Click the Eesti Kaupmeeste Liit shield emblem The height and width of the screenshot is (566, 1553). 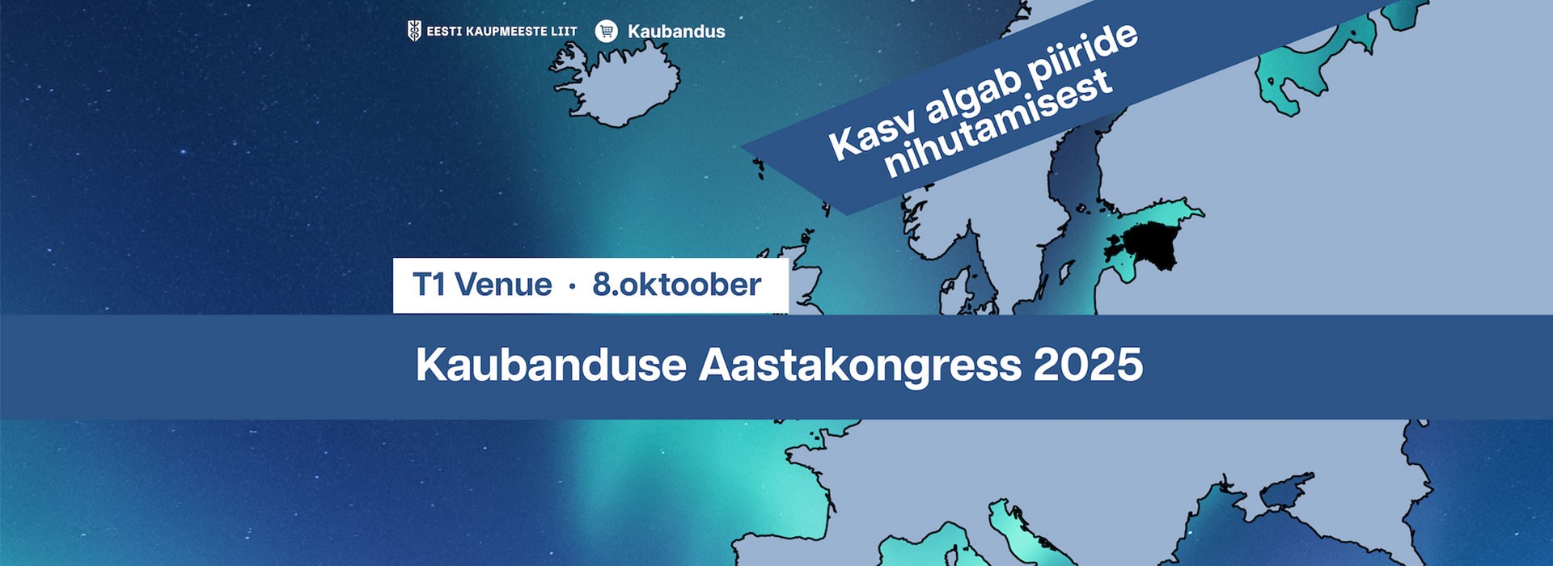click(x=414, y=32)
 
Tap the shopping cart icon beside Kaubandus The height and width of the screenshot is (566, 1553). click(x=606, y=32)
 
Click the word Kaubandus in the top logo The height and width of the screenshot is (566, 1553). click(x=676, y=32)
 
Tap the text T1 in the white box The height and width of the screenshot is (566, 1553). click(x=429, y=285)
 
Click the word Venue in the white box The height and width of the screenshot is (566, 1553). click(x=502, y=285)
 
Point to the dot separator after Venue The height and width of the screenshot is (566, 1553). click(x=573, y=286)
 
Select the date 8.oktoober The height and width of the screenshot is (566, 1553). click(x=676, y=285)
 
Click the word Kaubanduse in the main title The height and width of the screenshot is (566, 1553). click(x=551, y=365)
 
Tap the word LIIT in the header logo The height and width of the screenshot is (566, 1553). click(x=563, y=32)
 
